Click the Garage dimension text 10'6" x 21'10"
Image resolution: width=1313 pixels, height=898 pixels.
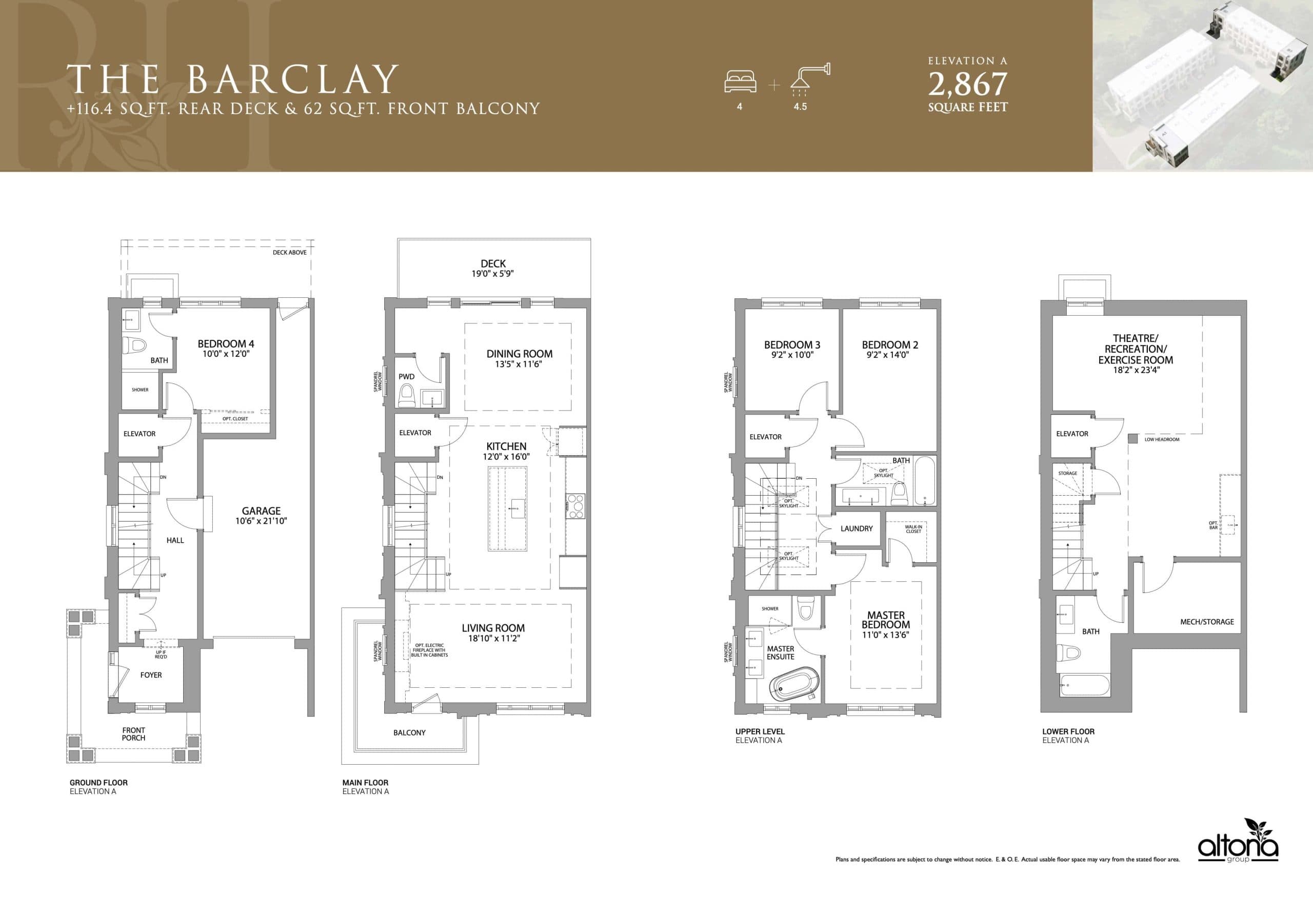point(261,521)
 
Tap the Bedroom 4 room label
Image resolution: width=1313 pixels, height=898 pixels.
point(226,343)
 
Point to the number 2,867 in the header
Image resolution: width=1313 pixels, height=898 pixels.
point(967,85)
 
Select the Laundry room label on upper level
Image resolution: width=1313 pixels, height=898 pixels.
point(857,528)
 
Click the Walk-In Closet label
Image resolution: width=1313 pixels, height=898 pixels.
point(913,529)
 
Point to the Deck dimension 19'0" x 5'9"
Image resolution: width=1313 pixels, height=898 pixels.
point(493,274)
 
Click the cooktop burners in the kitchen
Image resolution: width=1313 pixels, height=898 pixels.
point(575,506)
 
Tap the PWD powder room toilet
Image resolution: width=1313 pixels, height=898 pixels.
point(406,395)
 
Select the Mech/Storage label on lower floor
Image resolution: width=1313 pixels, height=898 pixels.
point(1207,622)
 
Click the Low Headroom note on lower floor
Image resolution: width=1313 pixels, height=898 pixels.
point(1162,439)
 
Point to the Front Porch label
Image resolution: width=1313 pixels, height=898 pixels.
point(133,733)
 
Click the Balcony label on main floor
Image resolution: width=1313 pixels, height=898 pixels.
point(409,732)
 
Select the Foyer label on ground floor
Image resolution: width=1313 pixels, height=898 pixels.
point(151,675)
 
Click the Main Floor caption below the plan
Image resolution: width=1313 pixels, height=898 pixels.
point(365,782)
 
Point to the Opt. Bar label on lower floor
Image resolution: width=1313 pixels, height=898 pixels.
point(1213,525)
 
